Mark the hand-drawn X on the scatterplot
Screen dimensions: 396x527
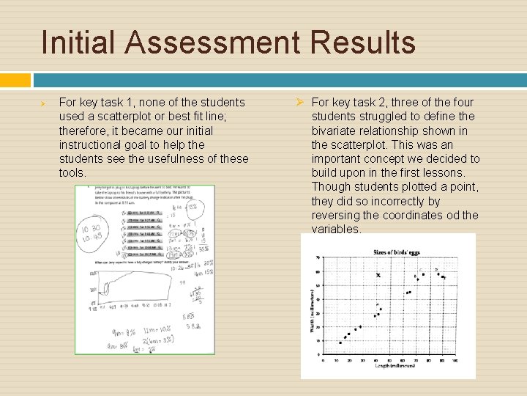click(378, 275)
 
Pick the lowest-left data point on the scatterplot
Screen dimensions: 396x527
click(340, 342)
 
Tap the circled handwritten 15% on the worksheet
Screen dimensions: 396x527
click(192, 207)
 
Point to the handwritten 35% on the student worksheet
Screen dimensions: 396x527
click(168, 340)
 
